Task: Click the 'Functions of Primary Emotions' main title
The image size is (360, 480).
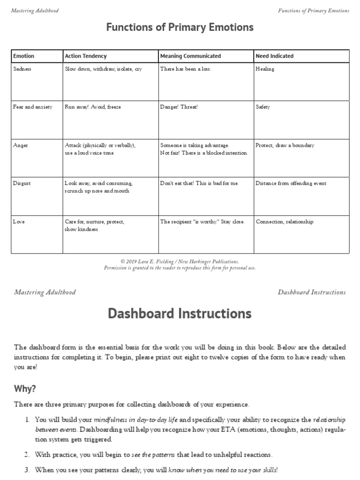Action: coord(180,28)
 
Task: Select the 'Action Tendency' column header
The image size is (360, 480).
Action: coord(86,56)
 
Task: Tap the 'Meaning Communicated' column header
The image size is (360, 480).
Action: coord(190,56)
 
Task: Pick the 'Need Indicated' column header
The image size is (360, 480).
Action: coord(274,56)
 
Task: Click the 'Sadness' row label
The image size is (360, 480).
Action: coord(22,69)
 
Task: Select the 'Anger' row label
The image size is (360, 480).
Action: coord(21,145)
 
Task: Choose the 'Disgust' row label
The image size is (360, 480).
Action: coord(22,183)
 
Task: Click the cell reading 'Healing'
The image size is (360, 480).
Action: coord(265,69)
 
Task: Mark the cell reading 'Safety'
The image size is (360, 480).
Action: coord(262,107)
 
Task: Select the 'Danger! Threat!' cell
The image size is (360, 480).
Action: coord(179,107)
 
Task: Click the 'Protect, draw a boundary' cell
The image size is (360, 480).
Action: coord(285,145)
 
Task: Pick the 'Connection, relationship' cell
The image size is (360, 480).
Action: coord(285,222)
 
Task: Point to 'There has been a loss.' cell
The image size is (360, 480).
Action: coord(186,69)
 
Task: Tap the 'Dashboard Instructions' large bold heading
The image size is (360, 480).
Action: coord(180,313)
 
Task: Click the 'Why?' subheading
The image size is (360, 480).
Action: coord(25,389)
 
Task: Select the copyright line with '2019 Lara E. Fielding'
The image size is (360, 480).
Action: coord(180,262)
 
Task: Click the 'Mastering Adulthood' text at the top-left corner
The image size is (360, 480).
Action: coord(35,11)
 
